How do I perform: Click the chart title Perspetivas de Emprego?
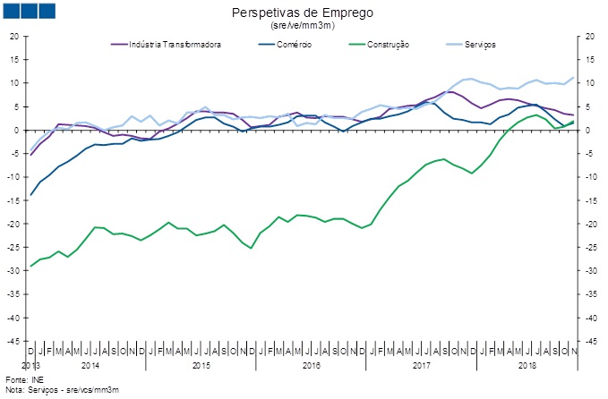point(303,13)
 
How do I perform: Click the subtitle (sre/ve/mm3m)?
point(303,25)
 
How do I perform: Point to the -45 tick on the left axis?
point(13,341)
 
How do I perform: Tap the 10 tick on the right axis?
point(587,83)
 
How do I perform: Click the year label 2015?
point(201,366)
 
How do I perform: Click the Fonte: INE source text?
point(23,382)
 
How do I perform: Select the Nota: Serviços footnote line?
point(62,391)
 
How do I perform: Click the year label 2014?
point(90,366)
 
